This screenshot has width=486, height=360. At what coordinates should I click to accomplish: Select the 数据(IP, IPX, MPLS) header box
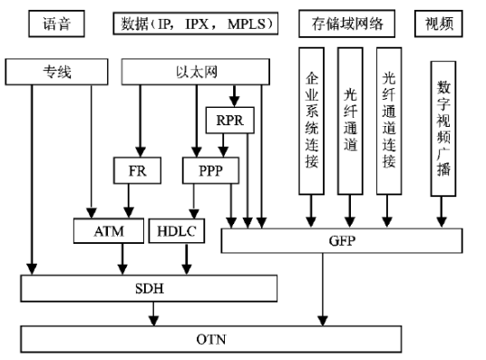coord(195,23)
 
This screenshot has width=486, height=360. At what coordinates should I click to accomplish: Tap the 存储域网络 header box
coord(346,23)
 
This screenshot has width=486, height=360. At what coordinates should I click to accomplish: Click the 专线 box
coord(58,71)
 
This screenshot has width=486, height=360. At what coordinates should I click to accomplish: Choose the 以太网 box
coord(195,71)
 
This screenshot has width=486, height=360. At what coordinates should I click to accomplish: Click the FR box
coord(139,170)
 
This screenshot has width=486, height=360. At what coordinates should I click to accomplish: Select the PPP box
coord(209,170)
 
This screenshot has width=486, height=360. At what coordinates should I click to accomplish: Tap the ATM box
coord(109,232)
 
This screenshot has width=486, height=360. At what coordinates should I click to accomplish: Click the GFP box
coord(345,240)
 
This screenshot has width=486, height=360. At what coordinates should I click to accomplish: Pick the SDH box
coord(150,288)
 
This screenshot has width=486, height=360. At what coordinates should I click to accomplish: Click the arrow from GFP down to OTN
coord(321,290)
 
